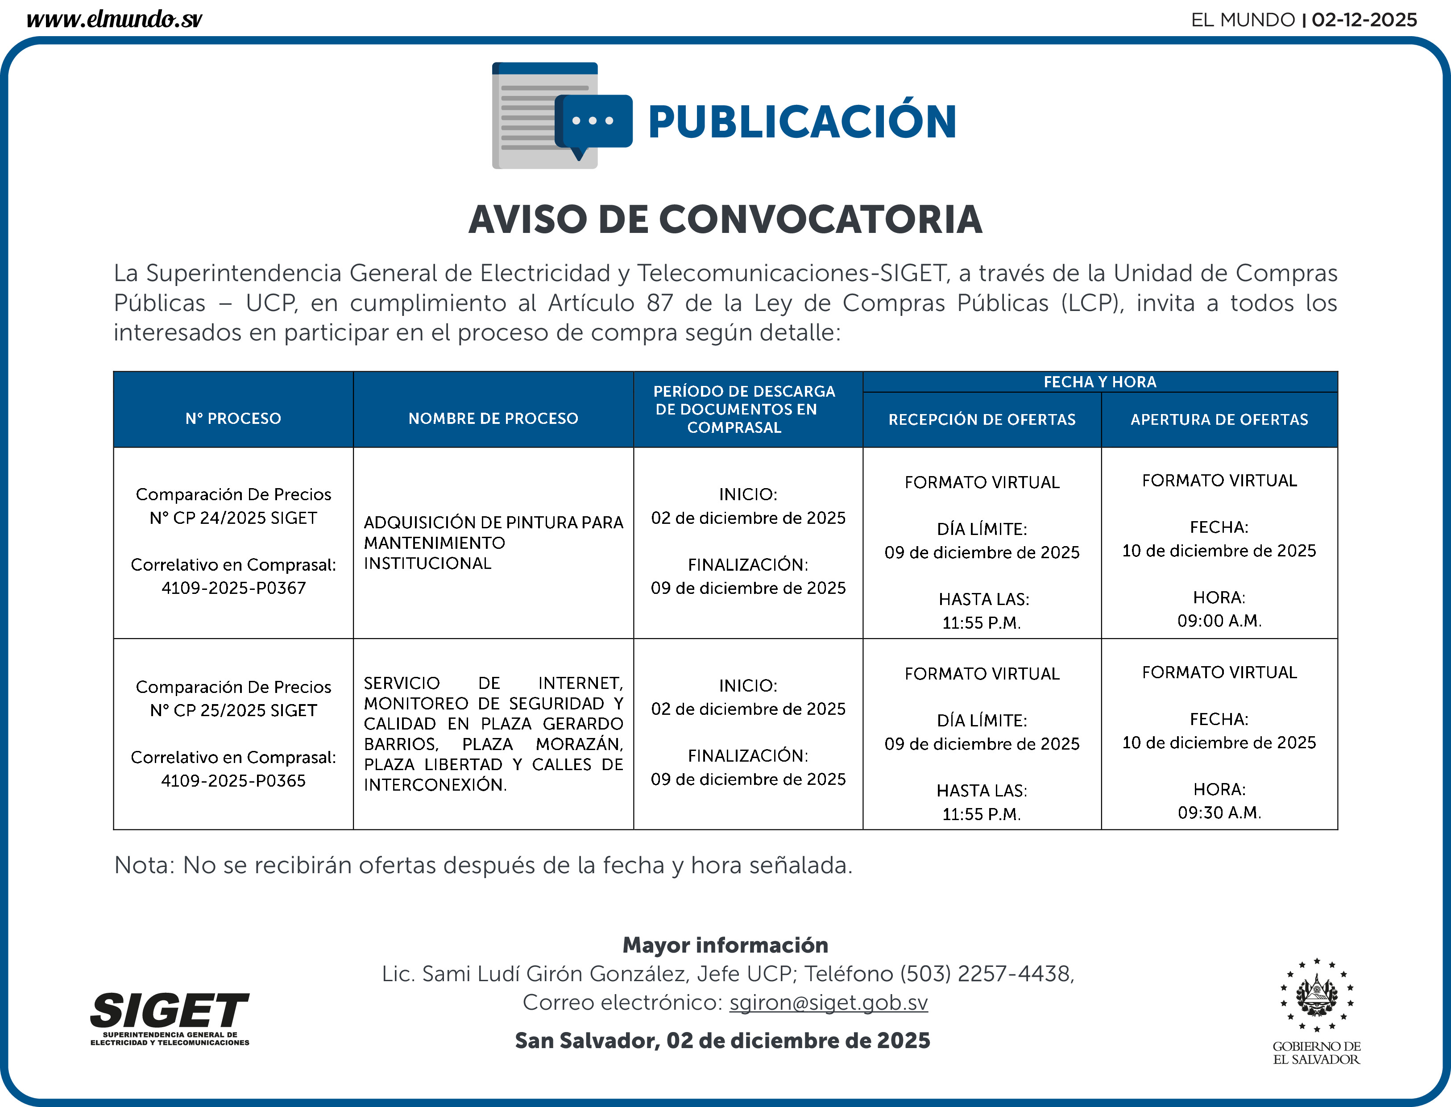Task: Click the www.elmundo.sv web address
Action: click(x=114, y=19)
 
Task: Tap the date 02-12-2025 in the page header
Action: click(x=1364, y=20)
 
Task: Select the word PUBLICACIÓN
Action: click(x=801, y=123)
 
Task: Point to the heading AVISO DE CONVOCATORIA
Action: click(x=725, y=220)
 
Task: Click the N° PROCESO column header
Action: click(x=233, y=419)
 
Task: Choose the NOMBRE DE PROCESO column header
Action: click(x=493, y=419)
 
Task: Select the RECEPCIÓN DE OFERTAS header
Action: click(x=982, y=420)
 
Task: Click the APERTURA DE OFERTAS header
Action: click(x=1219, y=420)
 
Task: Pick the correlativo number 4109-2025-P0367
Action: click(x=234, y=588)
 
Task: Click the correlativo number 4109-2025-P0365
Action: click(x=234, y=781)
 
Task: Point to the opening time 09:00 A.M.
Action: click(x=1219, y=621)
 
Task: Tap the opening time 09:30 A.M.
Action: click(x=1219, y=813)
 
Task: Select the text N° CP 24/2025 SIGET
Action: click(x=234, y=518)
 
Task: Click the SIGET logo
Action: click(x=170, y=1018)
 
